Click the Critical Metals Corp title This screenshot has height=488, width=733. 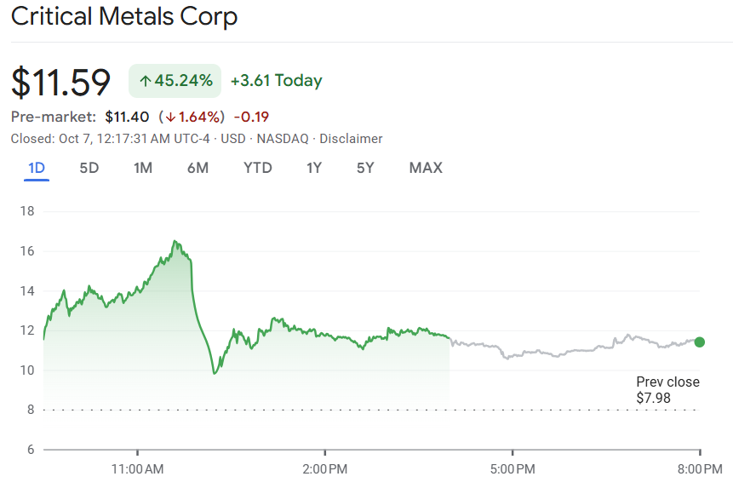pyautogui.click(x=124, y=16)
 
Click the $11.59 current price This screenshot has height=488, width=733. pyautogui.click(x=61, y=82)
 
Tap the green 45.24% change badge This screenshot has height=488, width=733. pyautogui.click(x=175, y=81)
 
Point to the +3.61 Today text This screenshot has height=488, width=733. pyautogui.click(x=276, y=81)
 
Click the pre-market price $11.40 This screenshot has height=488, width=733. pyautogui.click(x=128, y=117)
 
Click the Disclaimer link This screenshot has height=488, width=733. pyautogui.click(x=351, y=139)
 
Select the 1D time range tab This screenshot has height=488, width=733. pyautogui.click(x=37, y=168)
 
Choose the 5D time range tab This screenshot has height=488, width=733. pyautogui.click(x=89, y=168)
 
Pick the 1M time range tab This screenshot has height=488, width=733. pyautogui.click(x=143, y=168)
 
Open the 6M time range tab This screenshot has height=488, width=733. pyautogui.click(x=198, y=168)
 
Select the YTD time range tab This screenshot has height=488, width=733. pyautogui.click(x=258, y=168)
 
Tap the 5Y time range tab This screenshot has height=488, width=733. pyautogui.click(x=365, y=168)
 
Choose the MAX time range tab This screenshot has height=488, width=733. pyautogui.click(x=426, y=168)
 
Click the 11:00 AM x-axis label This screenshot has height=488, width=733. pyautogui.click(x=138, y=468)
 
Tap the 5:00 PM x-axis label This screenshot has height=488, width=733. pyautogui.click(x=513, y=468)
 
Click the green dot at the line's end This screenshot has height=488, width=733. pyautogui.click(x=700, y=342)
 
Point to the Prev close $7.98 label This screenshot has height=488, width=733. pyautogui.click(x=667, y=390)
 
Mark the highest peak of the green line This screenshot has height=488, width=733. pyautogui.click(x=175, y=241)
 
